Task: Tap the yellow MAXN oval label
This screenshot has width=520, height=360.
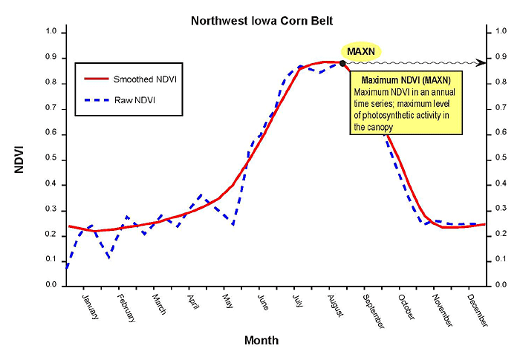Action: click(x=361, y=51)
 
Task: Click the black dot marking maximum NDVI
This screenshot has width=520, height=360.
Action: click(x=342, y=63)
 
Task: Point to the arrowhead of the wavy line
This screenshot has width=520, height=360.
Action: click(x=481, y=62)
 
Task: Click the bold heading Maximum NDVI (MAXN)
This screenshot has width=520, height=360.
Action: click(x=406, y=79)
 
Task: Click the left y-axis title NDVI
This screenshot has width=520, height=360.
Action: click(x=23, y=160)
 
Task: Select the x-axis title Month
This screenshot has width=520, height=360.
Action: click(x=261, y=341)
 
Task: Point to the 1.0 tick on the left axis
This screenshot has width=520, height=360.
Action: click(x=51, y=32)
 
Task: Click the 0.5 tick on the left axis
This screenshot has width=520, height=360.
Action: click(x=51, y=159)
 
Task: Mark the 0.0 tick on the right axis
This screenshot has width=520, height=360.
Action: click(x=499, y=285)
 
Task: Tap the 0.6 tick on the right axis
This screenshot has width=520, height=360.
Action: click(x=499, y=134)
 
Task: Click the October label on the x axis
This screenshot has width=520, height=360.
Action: click(x=406, y=307)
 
